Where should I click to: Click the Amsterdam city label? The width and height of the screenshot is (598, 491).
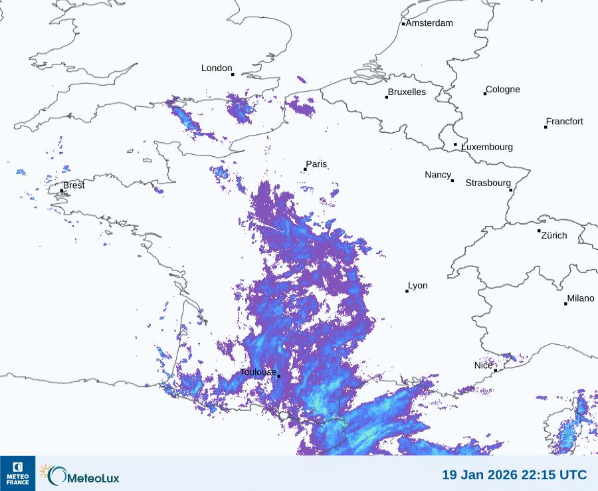click(x=429, y=23)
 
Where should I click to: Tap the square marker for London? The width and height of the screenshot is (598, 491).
click(x=233, y=74)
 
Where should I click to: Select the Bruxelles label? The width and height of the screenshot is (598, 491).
click(x=407, y=92)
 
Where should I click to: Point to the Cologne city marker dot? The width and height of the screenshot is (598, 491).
click(x=485, y=94)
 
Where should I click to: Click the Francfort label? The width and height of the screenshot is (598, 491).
click(x=564, y=122)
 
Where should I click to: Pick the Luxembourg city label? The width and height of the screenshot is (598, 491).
click(x=487, y=147)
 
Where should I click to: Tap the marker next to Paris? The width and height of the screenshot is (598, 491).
click(x=305, y=169)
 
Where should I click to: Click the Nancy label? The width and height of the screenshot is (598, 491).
click(x=438, y=175)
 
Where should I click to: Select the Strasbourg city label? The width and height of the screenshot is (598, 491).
click(x=488, y=183)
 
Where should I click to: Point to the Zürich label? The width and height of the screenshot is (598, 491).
click(x=554, y=235)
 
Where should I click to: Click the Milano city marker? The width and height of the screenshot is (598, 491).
click(x=565, y=304)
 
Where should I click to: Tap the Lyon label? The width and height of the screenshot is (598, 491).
click(x=418, y=286)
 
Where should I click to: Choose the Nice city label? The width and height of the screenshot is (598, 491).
click(x=483, y=365)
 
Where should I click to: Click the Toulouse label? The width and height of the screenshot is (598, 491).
click(x=258, y=372)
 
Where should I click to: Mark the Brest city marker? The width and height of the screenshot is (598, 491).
click(x=62, y=191)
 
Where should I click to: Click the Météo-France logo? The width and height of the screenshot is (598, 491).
click(x=17, y=473)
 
